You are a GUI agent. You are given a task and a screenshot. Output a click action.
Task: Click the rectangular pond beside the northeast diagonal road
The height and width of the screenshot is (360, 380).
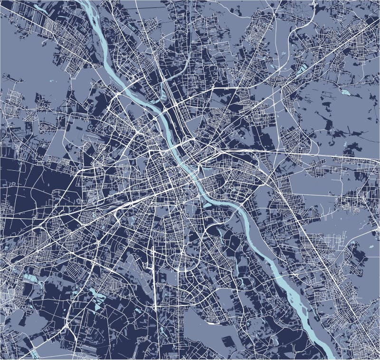tap(302, 69)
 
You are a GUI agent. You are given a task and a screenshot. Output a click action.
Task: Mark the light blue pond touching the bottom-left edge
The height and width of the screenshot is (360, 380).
tap(34, 353)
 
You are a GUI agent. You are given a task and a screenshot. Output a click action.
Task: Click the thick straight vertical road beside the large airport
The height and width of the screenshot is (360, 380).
tap(155, 281)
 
